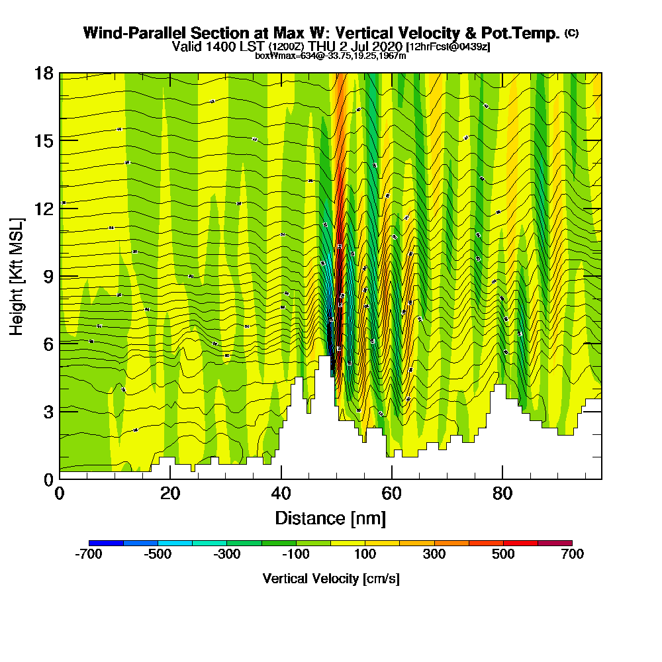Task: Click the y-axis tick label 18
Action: [44, 73]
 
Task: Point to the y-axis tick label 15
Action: [44, 140]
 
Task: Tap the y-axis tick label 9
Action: [48, 275]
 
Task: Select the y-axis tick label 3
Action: [48, 411]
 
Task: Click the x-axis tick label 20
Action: [170, 494]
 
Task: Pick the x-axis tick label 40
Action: [281, 494]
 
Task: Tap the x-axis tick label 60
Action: [392, 494]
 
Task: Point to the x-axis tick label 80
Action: [502, 494]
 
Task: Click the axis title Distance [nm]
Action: [330, 518]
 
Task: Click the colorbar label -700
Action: [89, 555]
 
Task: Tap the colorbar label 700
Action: [572, 555]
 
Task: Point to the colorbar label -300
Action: [227, 555]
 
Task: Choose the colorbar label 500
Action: [503, 555]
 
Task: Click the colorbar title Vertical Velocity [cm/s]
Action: [330, 579]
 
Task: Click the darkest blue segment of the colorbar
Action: [106, 543]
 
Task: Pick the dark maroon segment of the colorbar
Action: [555, 543]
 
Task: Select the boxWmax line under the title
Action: [330, 56]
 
